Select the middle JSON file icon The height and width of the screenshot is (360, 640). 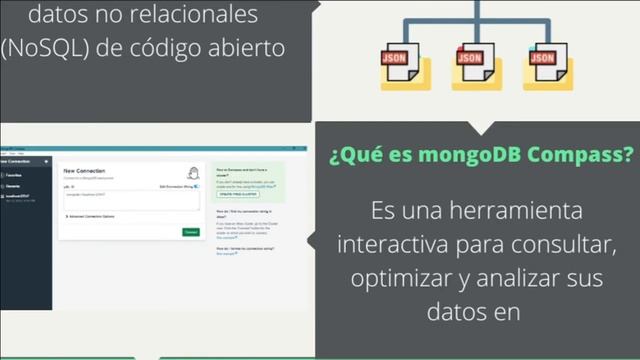coord(469,63)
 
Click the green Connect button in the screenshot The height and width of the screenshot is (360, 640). coord(190,231)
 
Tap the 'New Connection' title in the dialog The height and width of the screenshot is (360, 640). coord(84,171)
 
